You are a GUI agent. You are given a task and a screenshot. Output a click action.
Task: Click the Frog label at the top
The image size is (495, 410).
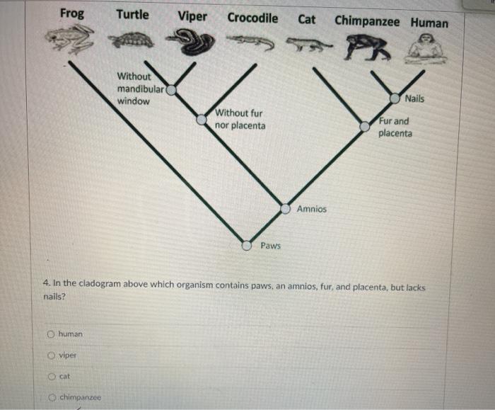pos(72,13)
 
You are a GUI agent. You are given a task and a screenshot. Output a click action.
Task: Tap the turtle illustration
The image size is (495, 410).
pos(131,40)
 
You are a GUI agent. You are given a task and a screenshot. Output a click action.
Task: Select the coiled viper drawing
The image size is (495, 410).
pos(190,41)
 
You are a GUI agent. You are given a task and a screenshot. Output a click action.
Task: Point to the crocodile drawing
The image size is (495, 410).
pos(250,42)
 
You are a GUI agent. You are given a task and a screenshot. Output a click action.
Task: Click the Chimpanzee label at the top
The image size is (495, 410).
pos(367,21)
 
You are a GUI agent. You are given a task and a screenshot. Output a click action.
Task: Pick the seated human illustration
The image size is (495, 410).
pos(426,49)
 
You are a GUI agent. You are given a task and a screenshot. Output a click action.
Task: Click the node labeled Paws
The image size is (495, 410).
pos(247,245)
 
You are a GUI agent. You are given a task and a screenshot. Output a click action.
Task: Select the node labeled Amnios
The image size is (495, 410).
pos(286,209)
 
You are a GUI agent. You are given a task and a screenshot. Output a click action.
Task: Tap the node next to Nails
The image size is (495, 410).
pos(395,98)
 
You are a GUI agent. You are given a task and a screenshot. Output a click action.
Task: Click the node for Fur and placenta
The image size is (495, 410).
pos(365,127)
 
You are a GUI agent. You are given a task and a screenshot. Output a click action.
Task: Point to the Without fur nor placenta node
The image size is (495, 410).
pos(202,120)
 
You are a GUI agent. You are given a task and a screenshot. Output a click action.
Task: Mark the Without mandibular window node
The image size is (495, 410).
pos(171,90)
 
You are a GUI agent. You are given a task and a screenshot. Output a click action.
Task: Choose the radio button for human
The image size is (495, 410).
pos(51,334)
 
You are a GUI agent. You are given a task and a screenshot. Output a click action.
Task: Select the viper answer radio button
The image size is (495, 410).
pos(51,355)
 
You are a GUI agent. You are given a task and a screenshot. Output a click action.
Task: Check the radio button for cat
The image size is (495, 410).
pos(52,377)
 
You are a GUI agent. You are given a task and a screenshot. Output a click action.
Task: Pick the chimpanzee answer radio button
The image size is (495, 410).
pos(52,397)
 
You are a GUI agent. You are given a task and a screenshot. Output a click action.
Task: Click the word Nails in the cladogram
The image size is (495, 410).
pos(414,98)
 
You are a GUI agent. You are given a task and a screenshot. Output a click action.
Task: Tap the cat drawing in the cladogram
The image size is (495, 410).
pos(308,44)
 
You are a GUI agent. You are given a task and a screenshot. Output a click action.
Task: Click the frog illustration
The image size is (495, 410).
pos(70,39)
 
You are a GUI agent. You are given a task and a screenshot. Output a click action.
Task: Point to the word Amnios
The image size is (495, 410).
pos(312,209)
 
